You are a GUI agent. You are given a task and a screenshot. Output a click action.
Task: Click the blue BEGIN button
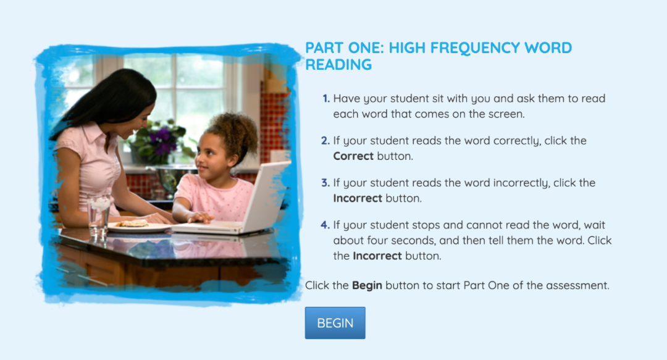(x=335, y=323)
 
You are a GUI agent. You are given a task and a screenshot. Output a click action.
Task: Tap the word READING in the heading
(x=338, y=65)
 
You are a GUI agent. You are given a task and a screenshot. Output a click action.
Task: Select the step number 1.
(x=326, y=99)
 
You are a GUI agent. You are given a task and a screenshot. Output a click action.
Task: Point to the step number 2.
(x=325, y=141)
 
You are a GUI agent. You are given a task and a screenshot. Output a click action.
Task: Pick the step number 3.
(x=325, y=183)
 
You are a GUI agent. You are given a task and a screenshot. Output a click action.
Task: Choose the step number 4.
(x=325, y=225)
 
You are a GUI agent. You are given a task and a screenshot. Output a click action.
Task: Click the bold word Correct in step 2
(x=353, y=156)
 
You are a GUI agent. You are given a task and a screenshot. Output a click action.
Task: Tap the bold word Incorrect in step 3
(x=358, y=198)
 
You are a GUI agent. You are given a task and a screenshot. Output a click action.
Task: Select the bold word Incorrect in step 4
(x=377, y=256)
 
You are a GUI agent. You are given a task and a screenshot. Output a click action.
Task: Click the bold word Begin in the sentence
(x=367, y=285)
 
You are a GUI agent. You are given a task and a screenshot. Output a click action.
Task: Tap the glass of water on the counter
(x=99, y=216)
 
